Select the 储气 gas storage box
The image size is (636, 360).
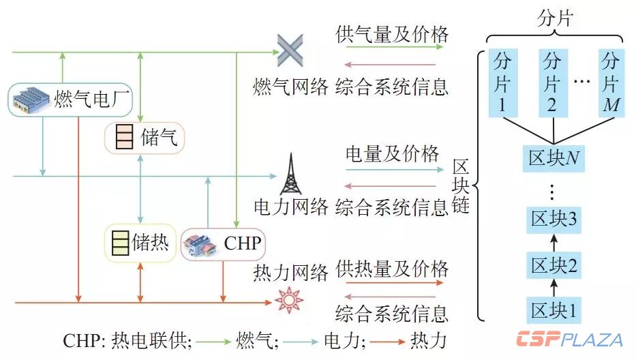144,138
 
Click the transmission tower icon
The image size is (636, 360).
290,177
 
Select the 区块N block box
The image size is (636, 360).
553,157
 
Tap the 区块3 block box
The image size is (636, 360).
553,220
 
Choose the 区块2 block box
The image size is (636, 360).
553,265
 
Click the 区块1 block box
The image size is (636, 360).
553,310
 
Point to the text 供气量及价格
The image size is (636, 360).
392,34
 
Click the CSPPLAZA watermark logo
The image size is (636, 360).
569,339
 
